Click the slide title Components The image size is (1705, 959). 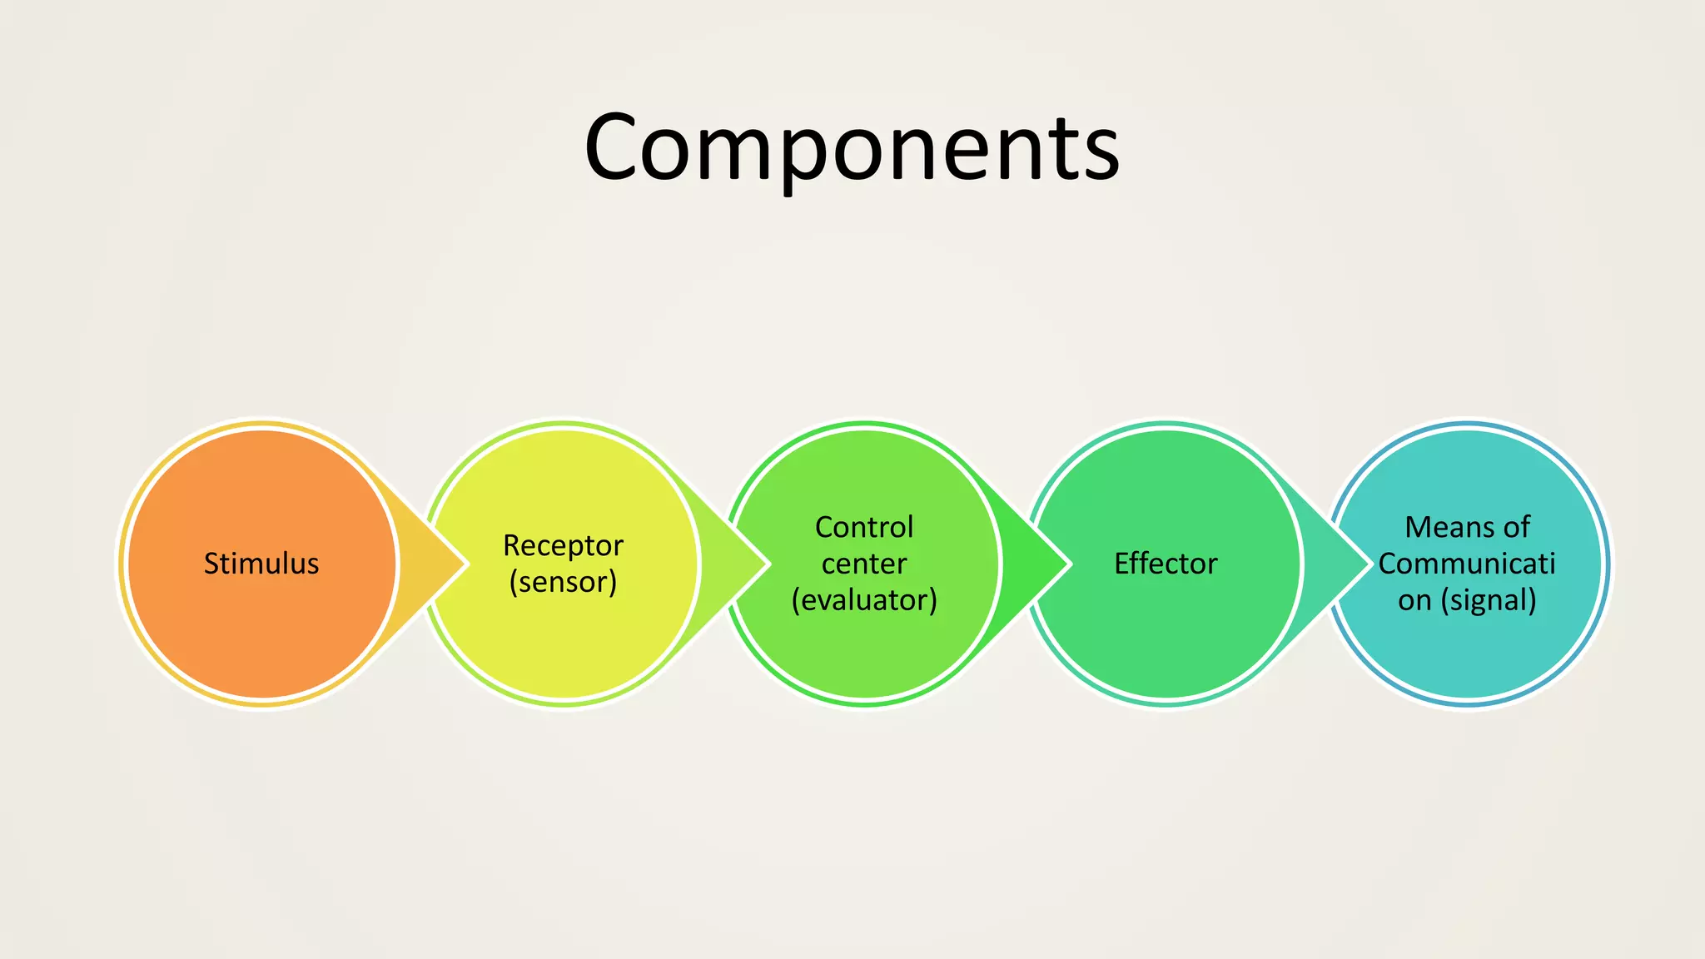852,148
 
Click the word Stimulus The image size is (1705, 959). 261,564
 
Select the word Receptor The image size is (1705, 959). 563,545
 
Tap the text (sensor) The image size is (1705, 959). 563,582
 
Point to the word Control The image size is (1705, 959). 864,527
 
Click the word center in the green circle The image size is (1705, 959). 864,564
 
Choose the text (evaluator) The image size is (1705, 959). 864,600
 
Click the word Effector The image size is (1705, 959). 1166,564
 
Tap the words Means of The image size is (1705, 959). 1467,527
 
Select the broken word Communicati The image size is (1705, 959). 1467,564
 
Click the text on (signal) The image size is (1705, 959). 1467,600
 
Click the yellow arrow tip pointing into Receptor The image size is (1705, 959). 454,564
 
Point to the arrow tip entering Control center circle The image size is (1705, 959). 755,564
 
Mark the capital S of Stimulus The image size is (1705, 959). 211,564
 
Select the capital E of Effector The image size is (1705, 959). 1121,564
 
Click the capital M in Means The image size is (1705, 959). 1419,527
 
